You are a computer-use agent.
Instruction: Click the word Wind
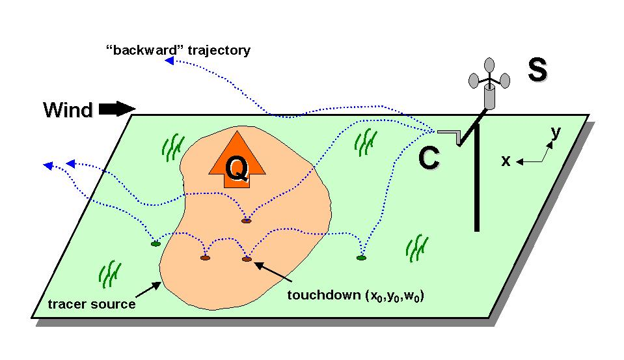[68, 110]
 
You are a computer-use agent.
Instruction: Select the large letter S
[537, 70]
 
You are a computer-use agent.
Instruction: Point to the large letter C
[428, 158]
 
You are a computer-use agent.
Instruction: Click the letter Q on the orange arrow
[236, 169]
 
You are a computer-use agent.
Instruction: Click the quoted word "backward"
[136, 50]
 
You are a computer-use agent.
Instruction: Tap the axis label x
[506, 161]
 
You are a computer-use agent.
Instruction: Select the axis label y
[555, 132]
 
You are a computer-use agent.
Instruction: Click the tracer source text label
[92, 304]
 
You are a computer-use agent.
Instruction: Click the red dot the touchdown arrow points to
[247, 259]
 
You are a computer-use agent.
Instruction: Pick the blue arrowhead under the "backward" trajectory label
[168, 61]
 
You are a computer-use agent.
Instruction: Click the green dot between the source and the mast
[361, 258]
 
